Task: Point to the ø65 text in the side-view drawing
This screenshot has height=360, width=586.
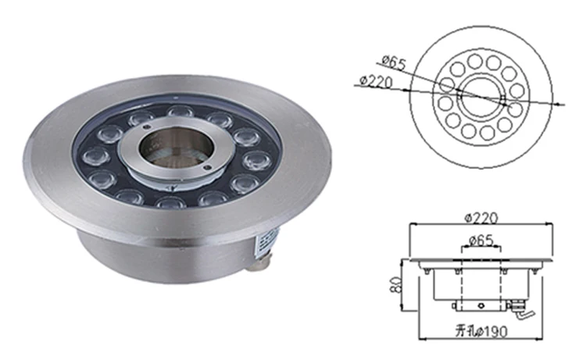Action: pyautogui.click(x=482, y=241)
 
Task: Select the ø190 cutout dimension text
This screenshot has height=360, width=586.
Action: pyautogui.click(x=495, y=331)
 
